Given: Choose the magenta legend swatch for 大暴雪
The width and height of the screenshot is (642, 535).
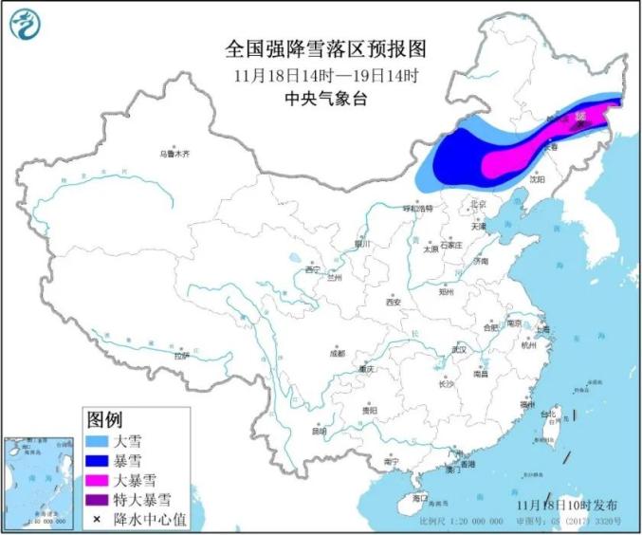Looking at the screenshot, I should click(97, 479).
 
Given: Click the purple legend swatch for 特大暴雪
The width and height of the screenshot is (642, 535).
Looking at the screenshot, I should click(97, 499).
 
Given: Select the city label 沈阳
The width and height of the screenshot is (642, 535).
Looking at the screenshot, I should click(538, 177).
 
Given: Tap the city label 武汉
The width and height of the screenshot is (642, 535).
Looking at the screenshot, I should click(461, 349).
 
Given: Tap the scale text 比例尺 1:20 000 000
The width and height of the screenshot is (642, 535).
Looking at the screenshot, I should click(455, 522).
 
